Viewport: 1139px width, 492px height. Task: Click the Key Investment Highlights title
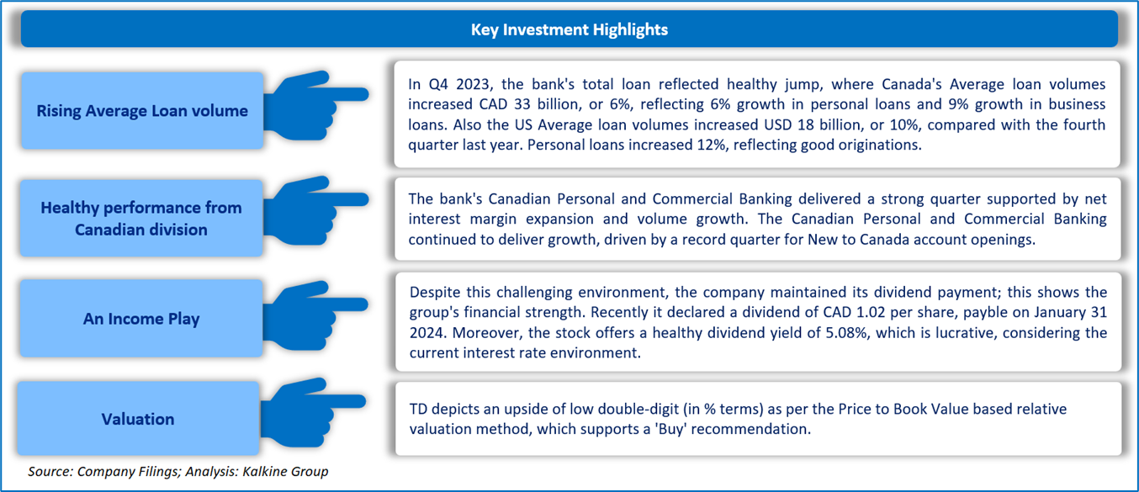(569, 29)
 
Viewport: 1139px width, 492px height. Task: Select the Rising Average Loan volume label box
(142, 110)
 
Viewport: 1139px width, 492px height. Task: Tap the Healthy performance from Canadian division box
(141, 218)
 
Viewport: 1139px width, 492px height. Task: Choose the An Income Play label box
(141, 318)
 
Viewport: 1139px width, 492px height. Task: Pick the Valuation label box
(138, 418)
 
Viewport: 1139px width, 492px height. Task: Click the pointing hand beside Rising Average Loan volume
(315, 105)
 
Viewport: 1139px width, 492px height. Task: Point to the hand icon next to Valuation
(313, 412)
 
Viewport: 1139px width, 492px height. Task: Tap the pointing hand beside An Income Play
(315, 315)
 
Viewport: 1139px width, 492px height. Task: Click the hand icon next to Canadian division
(315, 210)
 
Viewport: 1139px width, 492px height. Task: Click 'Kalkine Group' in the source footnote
(285, 472)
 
